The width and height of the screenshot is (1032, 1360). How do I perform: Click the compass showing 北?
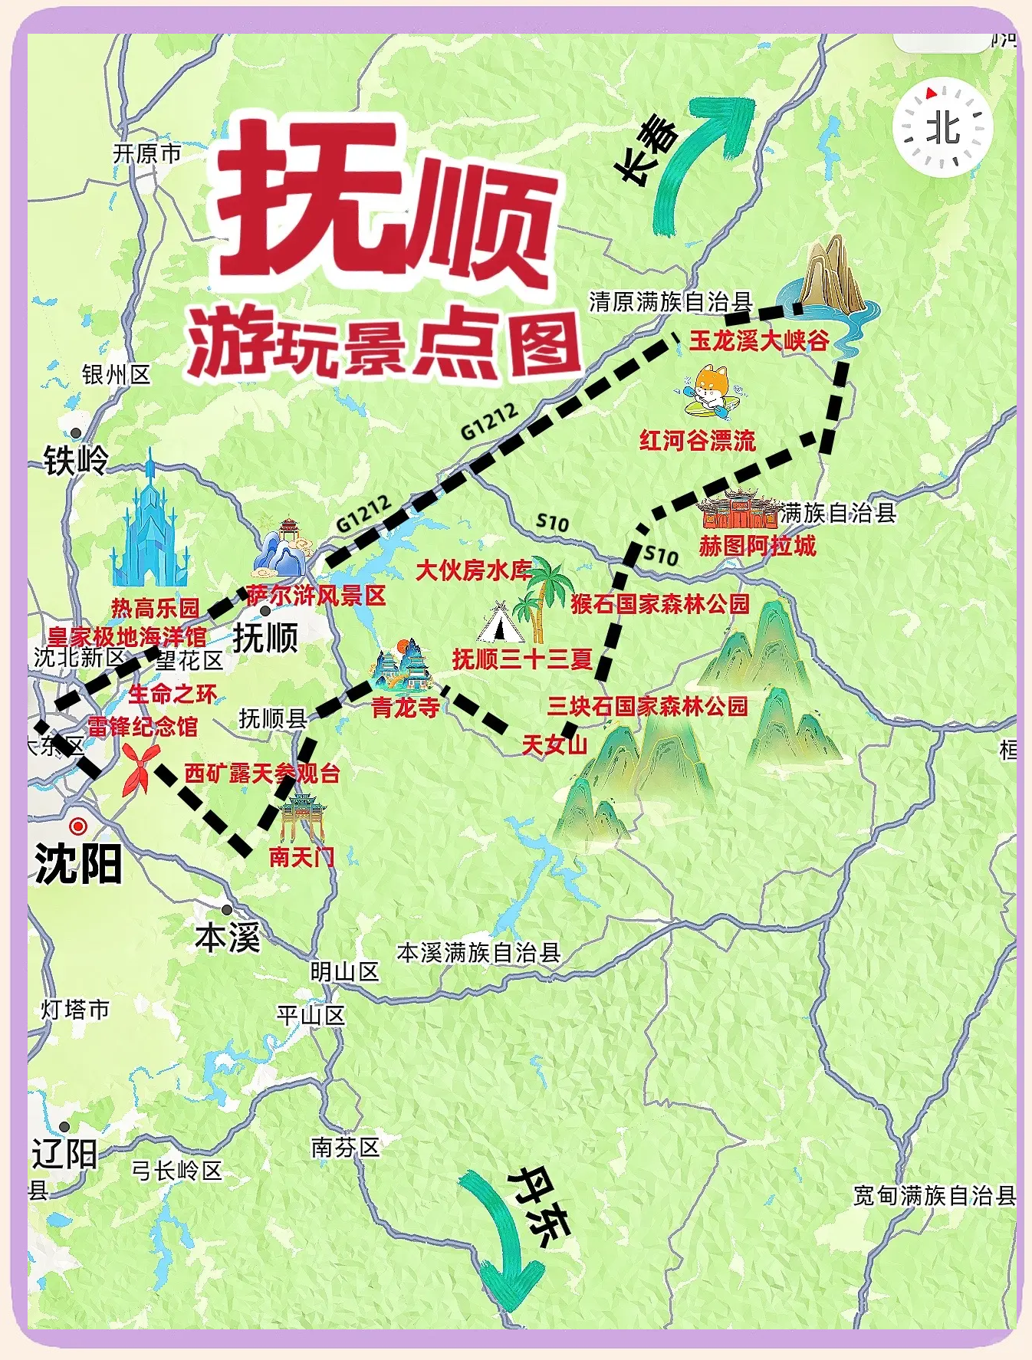click(943, 128)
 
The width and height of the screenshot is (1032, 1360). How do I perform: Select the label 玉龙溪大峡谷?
click(759, 340)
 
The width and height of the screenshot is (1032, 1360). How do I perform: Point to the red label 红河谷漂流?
click(698, 441)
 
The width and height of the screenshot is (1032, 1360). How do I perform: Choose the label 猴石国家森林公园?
click(659, 604)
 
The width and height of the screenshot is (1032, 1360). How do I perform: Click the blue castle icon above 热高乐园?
click(150, 525)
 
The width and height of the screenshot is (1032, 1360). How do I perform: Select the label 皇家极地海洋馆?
click(127, 636)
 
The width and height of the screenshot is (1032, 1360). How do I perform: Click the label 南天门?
click(301, 856)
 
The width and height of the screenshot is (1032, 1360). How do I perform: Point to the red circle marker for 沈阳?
click(77, 826)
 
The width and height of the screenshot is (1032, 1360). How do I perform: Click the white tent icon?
click(499, 623)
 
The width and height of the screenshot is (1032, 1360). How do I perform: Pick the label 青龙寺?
click(406, 707)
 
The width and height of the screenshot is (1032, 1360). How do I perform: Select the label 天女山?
click(554, 744)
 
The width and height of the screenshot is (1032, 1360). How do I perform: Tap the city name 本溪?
click(228, 937)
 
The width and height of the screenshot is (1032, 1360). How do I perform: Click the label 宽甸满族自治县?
click(935, 1195)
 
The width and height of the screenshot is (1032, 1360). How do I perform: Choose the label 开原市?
click(147, 154)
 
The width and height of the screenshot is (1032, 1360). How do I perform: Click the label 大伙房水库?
click(473, 570)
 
